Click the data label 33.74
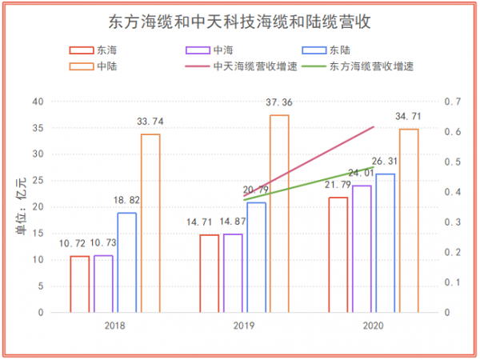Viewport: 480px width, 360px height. pos(150,122)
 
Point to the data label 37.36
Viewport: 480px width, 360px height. pos(279,102)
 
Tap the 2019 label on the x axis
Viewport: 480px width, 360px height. pos(244,326)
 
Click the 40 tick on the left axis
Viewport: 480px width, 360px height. pos(38,102)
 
